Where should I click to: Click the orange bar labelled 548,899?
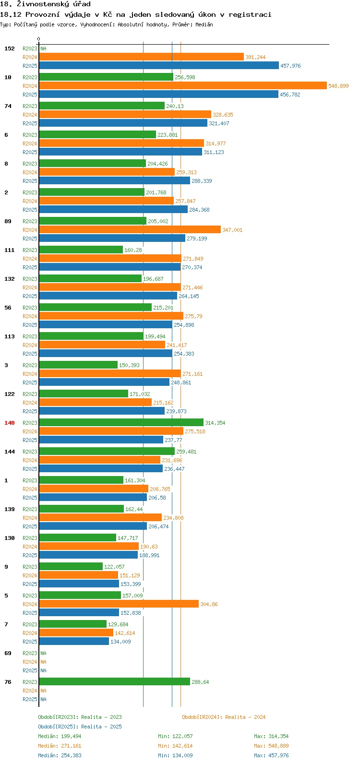click(183, 85)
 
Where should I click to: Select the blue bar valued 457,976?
click(159, 65)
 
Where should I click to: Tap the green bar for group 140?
click(121, 422)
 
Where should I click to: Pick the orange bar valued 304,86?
click(119, 604)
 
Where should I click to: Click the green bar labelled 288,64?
click(115, 681)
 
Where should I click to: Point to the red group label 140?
click(10, 423)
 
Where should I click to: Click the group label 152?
click(10, 48)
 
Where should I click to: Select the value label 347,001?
click(232, 230)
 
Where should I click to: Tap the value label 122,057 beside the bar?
click(114, 566)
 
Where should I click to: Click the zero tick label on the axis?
click(38, 39)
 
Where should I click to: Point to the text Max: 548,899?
click(271, 746)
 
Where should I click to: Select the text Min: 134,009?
click(175, 755)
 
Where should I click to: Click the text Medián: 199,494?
click(60, 736)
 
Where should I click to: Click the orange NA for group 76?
click(43, 690)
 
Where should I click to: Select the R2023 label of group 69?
click(30, 653)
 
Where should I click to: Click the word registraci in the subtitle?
click(250, 15)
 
